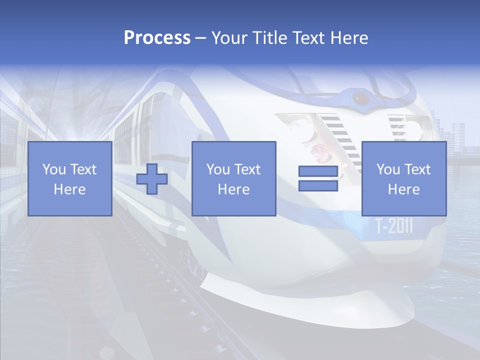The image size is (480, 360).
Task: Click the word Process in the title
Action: [157, 38]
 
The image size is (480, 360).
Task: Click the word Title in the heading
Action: [268, 38]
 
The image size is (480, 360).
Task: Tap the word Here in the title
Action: [349, 38]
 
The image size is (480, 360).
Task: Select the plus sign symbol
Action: [152, 179]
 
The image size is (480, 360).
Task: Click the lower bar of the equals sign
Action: [318, 185]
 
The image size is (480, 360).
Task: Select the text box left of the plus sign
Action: [70, 179]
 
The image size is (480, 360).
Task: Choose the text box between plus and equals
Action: [234, 179]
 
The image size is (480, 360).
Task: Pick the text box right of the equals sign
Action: [404, 179]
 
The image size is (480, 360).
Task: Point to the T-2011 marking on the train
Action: [394, 226]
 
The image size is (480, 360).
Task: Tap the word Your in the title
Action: [229, 38]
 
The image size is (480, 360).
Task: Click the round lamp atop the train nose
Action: [359, 97]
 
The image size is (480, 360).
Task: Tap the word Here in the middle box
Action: [234, 189]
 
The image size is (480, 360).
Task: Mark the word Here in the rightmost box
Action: [404, 189]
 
